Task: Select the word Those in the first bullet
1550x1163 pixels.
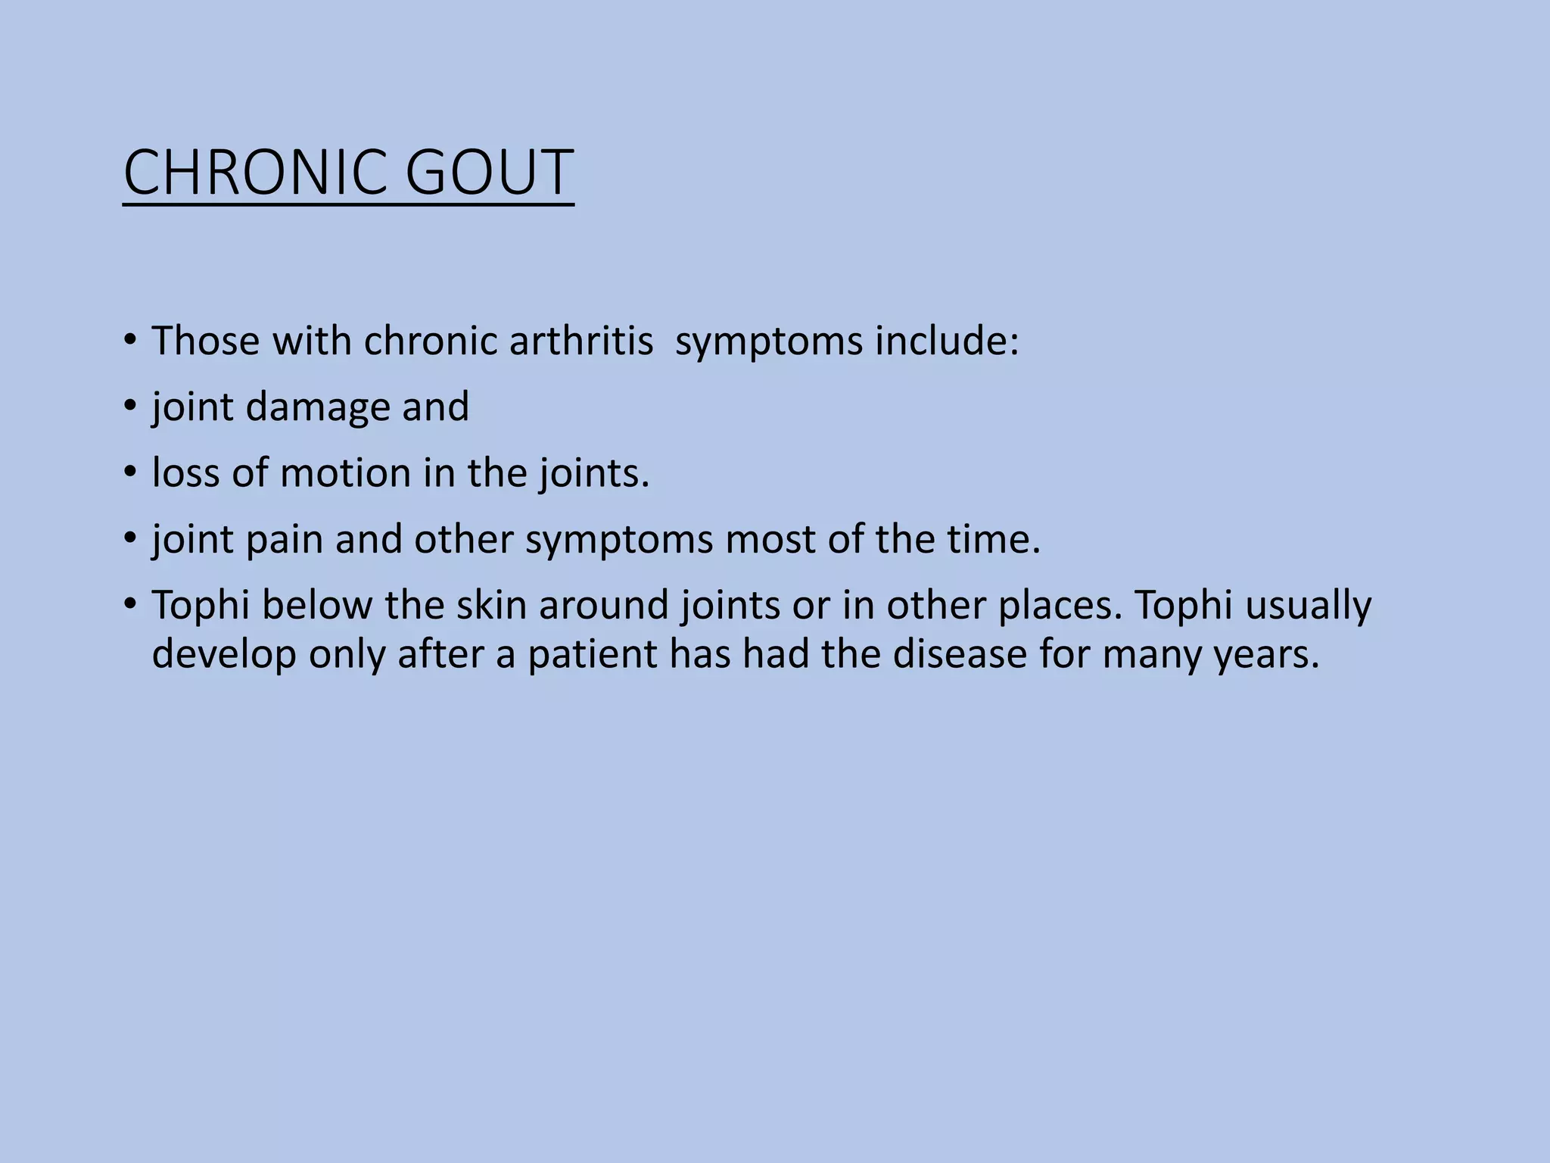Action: click(x=205, y=341)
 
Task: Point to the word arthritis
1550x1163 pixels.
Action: click(x=581, y=341)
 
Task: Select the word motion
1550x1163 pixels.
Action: click(x=345, y=473)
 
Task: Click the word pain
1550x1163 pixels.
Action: click(x=285, y=540)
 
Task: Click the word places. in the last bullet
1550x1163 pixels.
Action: click(x=1060, y=606)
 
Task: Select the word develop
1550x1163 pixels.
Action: click(x=224, y=653)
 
